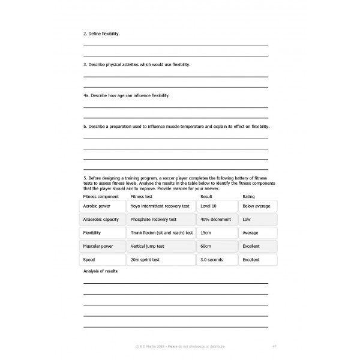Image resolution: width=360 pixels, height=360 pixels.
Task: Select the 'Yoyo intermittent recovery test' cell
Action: pos(161,206)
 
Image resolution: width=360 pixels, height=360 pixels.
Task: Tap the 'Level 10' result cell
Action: pos(217,206)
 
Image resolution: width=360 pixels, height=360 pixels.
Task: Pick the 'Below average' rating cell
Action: pos(258,206)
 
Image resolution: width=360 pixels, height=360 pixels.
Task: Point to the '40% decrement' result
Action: pos(217,219)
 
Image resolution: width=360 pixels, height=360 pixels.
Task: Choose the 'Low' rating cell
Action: pos(258,219)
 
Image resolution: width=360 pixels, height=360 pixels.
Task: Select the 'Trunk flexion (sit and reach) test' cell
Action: pos(161,233)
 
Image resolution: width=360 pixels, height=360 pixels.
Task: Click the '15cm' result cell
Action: pos(217,233)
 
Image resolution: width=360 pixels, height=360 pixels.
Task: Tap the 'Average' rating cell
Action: pos(258,233)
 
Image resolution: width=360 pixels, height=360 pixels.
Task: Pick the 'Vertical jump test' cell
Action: pos(161,246)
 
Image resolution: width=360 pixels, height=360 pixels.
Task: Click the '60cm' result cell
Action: pos(217,246)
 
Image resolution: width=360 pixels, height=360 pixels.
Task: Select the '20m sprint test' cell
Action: pos(161,260)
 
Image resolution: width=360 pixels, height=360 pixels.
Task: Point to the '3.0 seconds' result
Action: pos(217,260)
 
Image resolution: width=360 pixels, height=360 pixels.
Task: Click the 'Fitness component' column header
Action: pos(101,196)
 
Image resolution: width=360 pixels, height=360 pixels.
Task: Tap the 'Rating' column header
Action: pos(248,196)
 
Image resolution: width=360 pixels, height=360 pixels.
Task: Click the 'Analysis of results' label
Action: pos(100,271)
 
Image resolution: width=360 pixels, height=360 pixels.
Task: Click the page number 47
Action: pos(274,346)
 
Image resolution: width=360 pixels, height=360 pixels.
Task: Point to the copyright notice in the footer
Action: pos(181,346)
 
